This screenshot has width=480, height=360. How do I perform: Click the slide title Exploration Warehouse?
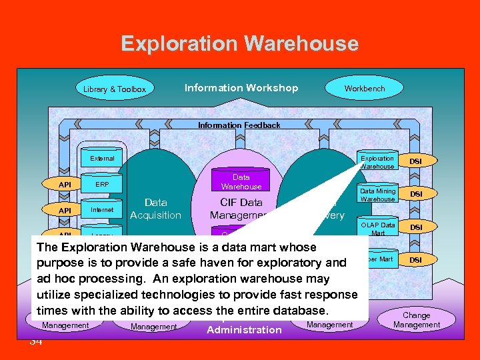239,44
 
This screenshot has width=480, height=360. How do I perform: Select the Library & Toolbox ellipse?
115,89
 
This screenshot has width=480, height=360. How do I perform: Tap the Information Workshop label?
241,88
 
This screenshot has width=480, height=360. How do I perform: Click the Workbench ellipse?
364,88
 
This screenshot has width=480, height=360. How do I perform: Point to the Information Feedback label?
239,125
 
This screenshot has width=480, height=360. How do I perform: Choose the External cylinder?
102,158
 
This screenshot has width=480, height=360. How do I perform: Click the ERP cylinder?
102,184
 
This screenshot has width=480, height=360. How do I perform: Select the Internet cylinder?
102,210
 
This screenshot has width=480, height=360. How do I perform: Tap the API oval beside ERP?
65,184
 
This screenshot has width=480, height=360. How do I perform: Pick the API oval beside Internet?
65,210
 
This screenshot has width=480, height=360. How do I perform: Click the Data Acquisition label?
155,208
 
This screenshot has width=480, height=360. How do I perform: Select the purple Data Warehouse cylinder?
241,181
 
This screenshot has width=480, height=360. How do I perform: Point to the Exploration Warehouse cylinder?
377,161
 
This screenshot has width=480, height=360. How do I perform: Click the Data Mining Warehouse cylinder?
377,194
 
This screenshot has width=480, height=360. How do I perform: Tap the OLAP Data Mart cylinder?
378,227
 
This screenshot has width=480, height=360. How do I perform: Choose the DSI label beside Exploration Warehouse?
415,161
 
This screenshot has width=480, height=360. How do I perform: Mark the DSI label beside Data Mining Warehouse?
415,194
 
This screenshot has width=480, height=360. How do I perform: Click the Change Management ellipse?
416,320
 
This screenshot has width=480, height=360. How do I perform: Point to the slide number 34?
36,341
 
